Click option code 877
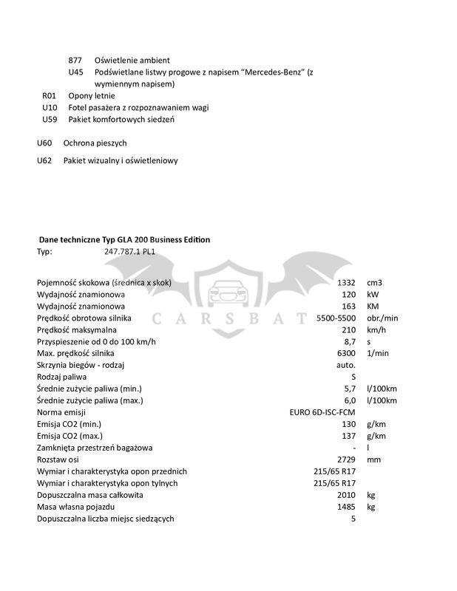point(75,59)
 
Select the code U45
point(75,72)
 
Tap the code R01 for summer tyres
point(50,95)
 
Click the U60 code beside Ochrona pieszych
point(44,142)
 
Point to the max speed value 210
point(349,330)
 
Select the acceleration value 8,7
point(351,342)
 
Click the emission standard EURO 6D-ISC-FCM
point(322,412)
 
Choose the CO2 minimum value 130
point(349,424)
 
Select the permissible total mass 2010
point(345,495)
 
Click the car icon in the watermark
point(228,290)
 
